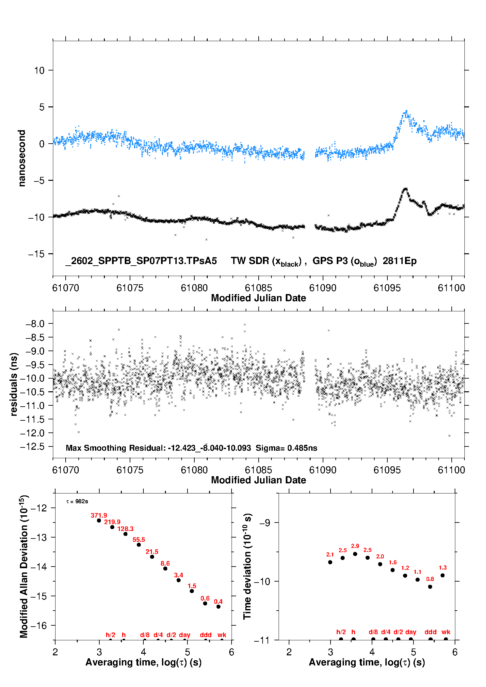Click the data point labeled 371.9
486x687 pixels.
pos(99,520)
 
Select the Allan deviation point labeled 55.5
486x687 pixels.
pos(139,544)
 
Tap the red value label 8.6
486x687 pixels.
pos(165,563)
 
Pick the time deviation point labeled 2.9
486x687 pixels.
pos(355,554)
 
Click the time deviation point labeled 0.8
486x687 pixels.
pos(430,586)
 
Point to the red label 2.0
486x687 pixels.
pos(380,556)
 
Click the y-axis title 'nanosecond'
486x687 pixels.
pos(22,158)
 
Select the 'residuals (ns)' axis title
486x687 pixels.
pos(14,384)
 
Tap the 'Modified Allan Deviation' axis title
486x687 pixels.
pos(24,566)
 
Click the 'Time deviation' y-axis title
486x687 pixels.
pos(247,566)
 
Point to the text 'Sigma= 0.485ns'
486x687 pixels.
pos(286,448)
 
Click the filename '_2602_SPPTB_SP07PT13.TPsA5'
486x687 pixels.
pos(141,261)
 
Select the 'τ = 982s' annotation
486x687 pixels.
pos(77,501)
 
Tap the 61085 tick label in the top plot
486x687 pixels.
pos(258,288)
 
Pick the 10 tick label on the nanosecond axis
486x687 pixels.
pos(39,70)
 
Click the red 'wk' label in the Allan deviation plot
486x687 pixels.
pos(222,635)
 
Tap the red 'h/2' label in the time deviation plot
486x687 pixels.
pos(341,632)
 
